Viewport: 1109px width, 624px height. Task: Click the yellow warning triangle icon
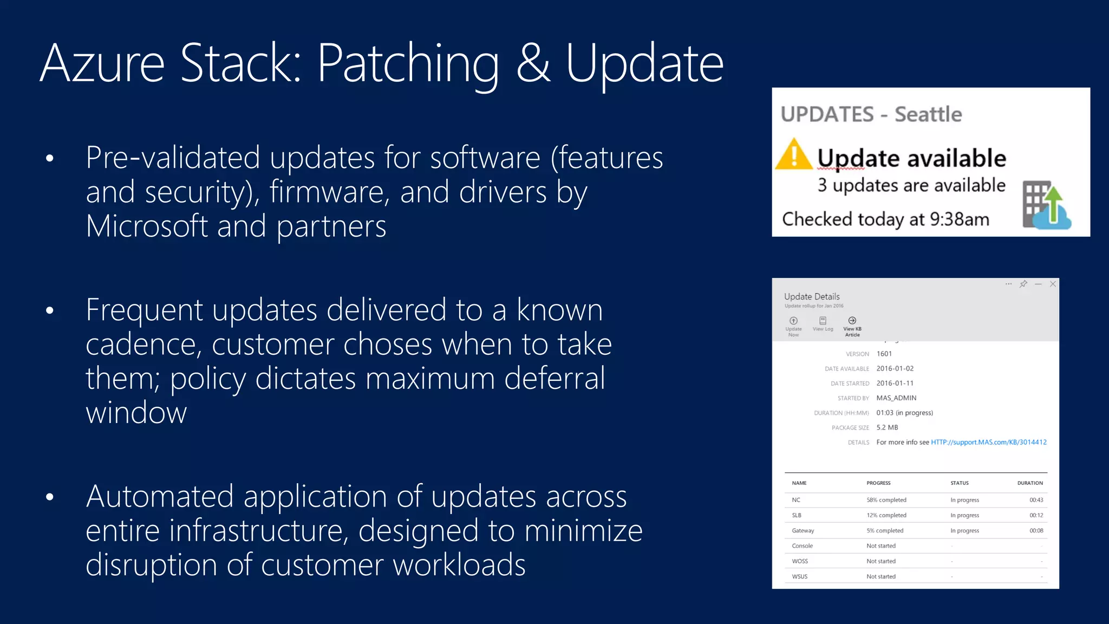coord(793,155)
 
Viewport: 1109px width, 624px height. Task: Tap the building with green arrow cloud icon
coord(1046,206)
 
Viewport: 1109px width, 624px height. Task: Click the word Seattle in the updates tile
coord(928,114)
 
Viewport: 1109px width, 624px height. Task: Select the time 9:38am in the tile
coord(959,219)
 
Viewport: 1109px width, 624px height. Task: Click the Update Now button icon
coord(793,321)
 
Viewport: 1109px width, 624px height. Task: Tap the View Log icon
coord(823,321)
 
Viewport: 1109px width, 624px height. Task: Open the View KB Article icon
coord(852,321)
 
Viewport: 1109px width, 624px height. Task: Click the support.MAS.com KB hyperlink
coord(988,443)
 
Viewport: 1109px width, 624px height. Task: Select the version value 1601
coord(884,354)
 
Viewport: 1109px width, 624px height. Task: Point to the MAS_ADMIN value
coord(896,398)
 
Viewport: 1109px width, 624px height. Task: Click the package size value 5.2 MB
coord(887,427)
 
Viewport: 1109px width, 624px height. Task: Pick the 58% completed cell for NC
coord(886,500)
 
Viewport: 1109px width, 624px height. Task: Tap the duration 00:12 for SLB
coord(1036,515)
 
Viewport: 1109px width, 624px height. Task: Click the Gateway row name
coord(803,531)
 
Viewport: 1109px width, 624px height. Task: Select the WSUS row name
coord(799,576)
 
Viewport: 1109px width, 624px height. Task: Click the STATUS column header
coord(959,483)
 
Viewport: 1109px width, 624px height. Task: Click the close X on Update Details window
coord(1053,284)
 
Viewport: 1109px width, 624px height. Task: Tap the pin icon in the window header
coord(1023,284)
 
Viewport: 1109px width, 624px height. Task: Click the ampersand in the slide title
coord(533,64)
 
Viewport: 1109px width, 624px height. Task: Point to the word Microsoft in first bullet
coord(147,226)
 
